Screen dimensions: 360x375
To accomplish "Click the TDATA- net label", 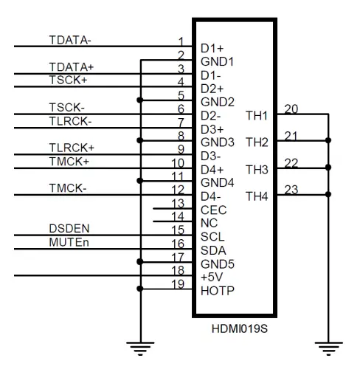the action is pos(70,40).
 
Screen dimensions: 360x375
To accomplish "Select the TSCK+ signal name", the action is pos(69,80).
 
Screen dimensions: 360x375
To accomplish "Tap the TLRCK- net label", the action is pos(70,121).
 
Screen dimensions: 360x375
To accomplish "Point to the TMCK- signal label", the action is pos(68,188).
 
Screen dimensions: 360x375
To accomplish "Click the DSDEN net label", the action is pos(69,229).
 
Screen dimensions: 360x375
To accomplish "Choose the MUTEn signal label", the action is pos(69,242).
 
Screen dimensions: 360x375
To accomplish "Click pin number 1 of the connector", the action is pos(181,41).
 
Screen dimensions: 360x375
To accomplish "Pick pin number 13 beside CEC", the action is pos(178,203).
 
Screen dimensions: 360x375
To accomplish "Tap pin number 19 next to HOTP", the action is pos(178,284).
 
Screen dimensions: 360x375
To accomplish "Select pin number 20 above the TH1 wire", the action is pos(291,109).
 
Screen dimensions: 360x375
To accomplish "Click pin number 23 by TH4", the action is pos(291,190).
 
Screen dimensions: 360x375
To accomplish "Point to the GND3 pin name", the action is pos(218,142).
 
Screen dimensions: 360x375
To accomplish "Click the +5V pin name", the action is pos(212,277).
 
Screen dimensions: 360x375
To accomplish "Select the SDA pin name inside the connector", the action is pos(213,250).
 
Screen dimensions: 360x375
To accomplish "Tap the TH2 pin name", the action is pos(257,142).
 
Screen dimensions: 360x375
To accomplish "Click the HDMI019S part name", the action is pos(240,328).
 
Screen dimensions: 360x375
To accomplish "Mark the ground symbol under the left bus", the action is pos(140,348).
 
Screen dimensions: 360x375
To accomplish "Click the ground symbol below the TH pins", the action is pos(328,348).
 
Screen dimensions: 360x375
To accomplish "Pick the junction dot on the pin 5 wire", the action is pos(140,100).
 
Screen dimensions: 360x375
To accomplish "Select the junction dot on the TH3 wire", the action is pos(328,168).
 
